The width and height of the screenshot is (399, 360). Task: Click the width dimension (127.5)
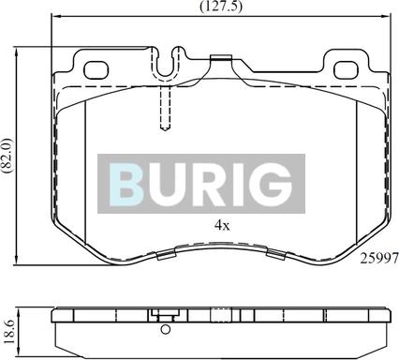(220, 7)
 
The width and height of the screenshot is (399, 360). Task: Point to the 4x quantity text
(222, 226)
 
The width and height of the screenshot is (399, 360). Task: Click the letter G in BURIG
(272, 183)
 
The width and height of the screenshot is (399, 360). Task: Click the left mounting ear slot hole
(96, 68)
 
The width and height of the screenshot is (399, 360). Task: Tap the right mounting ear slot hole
(346, 68)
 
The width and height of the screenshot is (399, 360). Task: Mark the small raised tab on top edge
(222, 63)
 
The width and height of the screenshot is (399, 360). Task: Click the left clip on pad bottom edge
(170, 252)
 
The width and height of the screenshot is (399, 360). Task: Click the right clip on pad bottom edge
(275, 252)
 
